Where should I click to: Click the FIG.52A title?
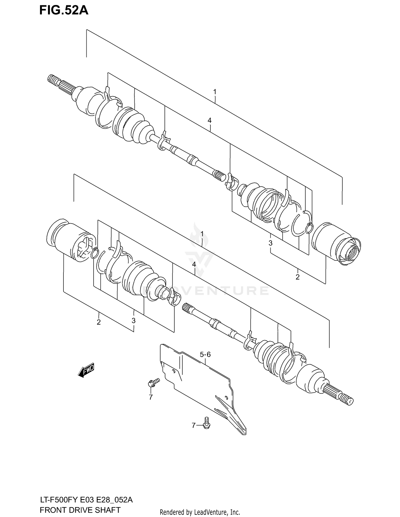pyautogui.click(x=64, y=11)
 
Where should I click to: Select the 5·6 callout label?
pyautogui.click(x=205, y=355)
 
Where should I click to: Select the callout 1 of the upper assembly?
pyautogui.click(x=215, y=92)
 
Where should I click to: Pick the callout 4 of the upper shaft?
pyautogui.click(x=210, y=121)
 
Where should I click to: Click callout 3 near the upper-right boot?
pyautogui.click(x=270, y=243)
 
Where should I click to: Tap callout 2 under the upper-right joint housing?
pyautogui.click(x=298, y=277)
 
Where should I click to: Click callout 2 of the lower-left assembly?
pyautogui.click(x=99, y=322)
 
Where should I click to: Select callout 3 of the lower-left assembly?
pyautogui.click(x=133, y=321)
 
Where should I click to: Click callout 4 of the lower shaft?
pyautogui.click(x=194, y=264)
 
